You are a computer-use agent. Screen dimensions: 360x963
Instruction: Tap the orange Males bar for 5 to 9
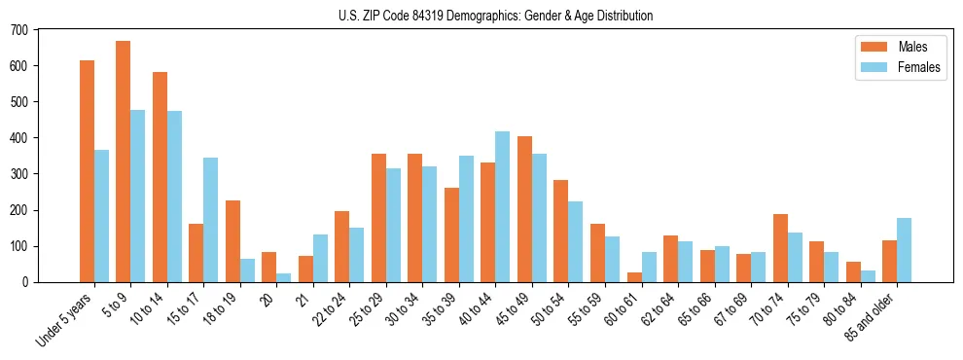[123, 162]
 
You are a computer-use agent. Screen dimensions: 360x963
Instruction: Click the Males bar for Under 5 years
[87, 171]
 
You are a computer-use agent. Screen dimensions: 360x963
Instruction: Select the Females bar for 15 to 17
[210, 220]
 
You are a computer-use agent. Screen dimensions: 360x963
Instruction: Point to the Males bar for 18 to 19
[232, 241]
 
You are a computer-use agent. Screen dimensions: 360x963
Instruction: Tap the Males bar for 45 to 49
[524, 209]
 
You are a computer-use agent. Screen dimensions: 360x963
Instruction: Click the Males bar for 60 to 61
[634, 277]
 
